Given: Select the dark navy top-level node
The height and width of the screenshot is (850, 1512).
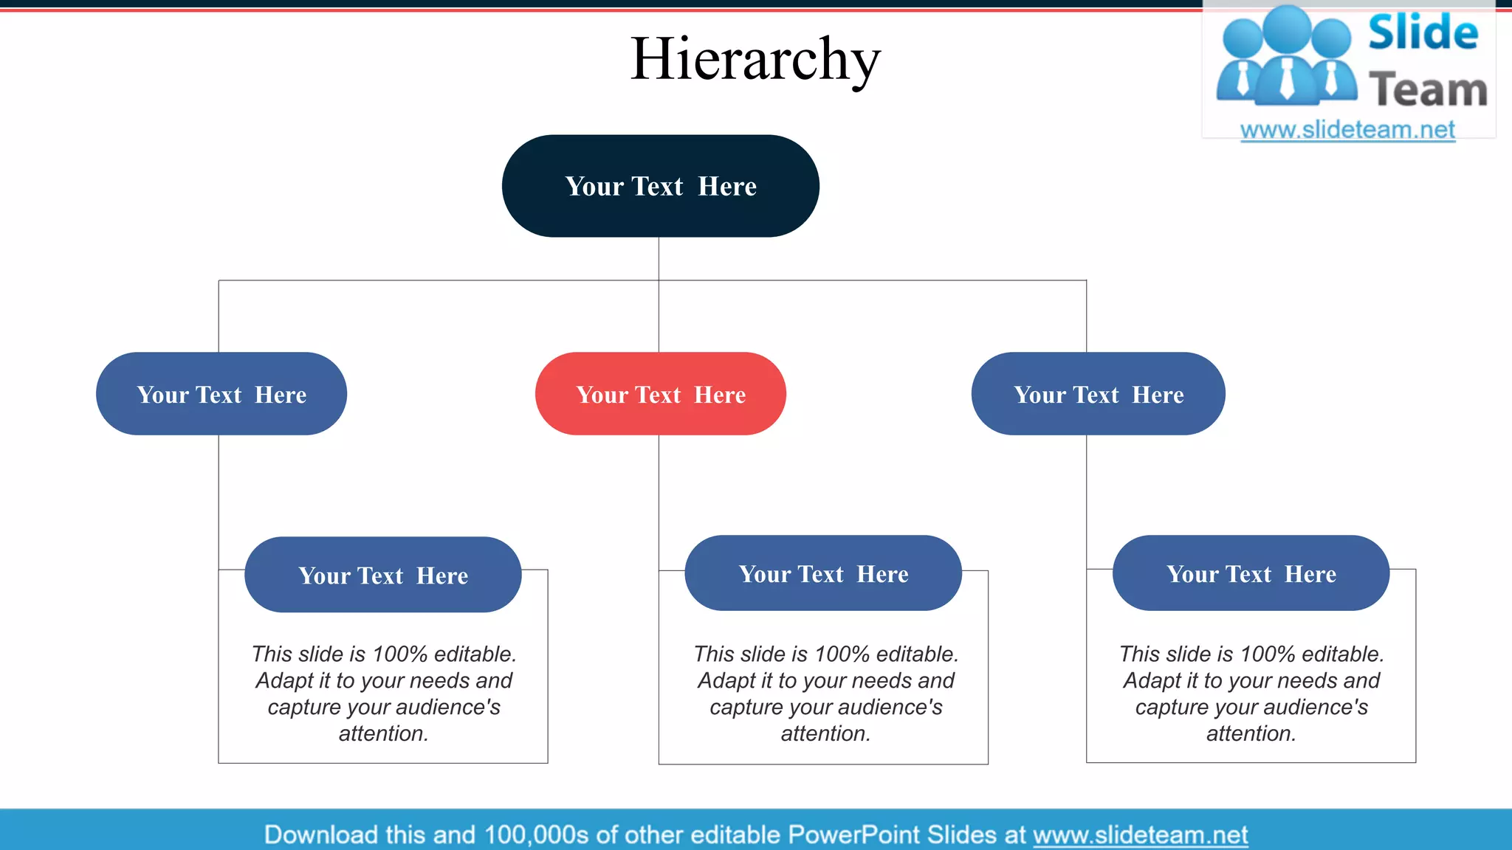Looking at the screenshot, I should tap(660, 186).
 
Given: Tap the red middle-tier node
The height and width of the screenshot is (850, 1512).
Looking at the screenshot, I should tap(660, 394).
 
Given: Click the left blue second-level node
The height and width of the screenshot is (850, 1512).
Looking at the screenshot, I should tap(221, 394).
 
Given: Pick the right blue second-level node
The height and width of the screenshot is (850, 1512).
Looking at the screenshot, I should tap(1098, 394).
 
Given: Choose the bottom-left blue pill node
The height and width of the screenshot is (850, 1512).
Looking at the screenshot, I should tap(382, 575).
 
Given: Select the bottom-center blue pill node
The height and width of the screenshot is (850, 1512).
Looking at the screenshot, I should tap(822, 573).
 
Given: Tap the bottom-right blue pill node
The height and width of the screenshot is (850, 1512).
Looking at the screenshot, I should tap(1251, 573).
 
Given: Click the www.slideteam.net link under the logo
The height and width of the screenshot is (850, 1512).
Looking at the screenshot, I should tap(1347, 130).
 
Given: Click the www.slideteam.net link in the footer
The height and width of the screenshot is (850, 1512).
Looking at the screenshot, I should tap(1140, 835).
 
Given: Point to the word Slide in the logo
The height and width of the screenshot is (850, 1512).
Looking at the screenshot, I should tap(1423, 33).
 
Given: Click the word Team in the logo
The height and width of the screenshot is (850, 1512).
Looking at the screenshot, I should tap(1428, 90).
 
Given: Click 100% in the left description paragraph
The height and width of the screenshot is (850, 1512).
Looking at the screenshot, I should tap(399, 654).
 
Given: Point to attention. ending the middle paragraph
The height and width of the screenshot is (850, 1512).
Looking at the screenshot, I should tap(825, 733).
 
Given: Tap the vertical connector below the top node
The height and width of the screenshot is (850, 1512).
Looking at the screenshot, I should tap(659, 258).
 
